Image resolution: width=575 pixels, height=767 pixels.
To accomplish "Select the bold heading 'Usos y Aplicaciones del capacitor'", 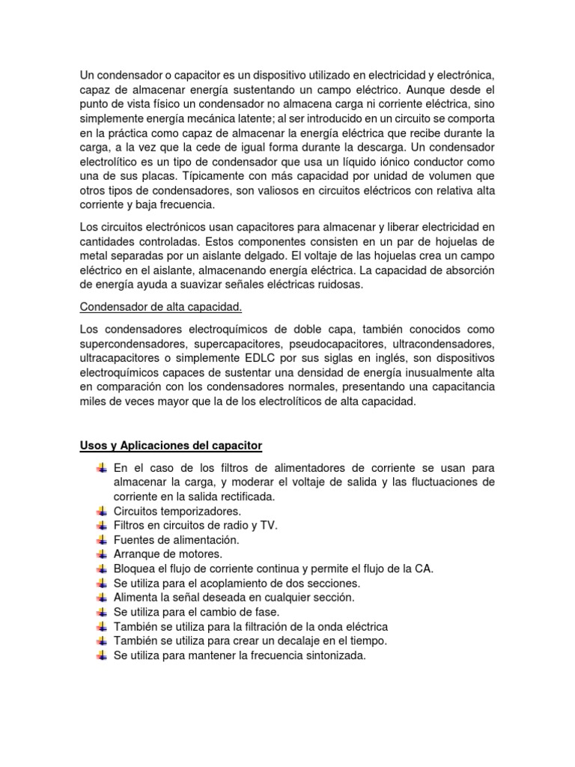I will pyautogui.click(x=171, y=446).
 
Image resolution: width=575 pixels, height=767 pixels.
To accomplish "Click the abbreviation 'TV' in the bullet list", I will pyautogui.click(x=268, y=525).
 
